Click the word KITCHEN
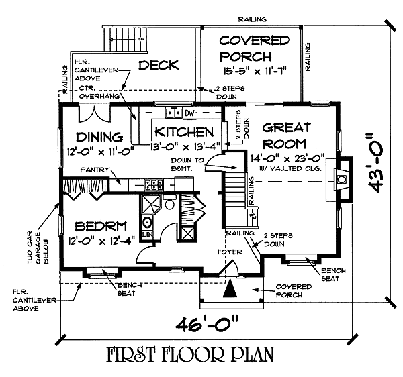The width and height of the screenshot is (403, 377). [183, 131]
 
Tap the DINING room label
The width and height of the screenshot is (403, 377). [103, 138]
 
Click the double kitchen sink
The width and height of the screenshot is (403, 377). [175, 113]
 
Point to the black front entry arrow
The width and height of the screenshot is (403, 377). [230, 288]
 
